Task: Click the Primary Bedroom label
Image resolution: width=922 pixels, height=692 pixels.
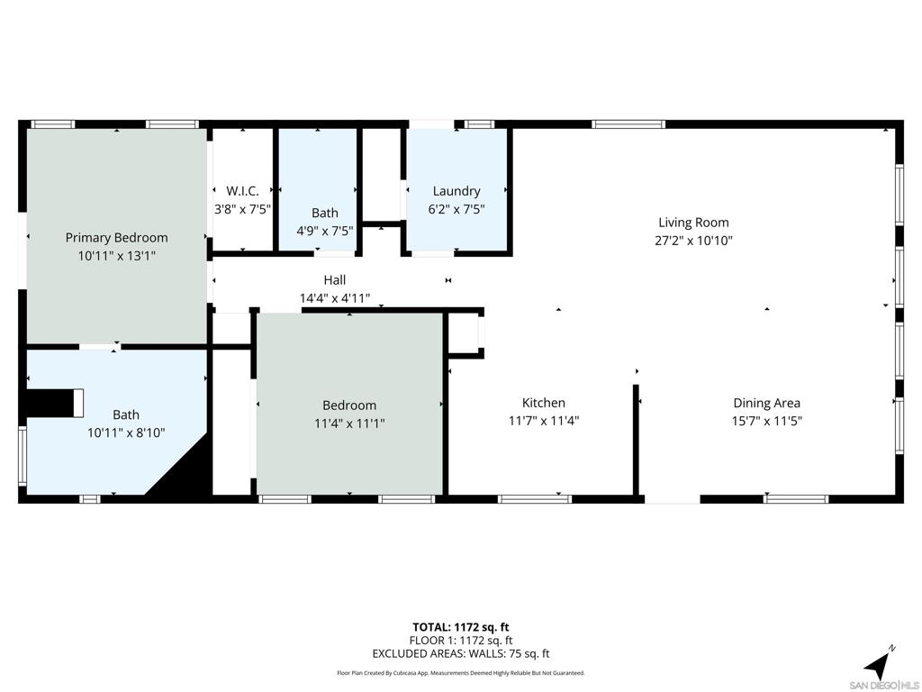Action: (116, 238)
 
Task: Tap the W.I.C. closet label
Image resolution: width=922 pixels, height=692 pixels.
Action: (242, 191)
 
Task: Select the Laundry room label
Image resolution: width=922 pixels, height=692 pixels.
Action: (456, 191)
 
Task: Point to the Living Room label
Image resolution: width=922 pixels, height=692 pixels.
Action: (693, 223)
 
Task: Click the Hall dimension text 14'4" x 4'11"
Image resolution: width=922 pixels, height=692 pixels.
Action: (335, 298)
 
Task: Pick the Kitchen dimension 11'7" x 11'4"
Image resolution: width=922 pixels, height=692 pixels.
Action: (544, 420)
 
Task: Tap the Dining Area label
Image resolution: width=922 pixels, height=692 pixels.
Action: (766, 404)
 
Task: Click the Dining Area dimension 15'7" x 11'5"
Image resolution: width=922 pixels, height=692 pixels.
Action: (766, 420)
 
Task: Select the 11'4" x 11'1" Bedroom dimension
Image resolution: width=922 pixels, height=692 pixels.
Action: (349, 423)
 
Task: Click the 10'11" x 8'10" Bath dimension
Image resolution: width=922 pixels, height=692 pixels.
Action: (126, 432)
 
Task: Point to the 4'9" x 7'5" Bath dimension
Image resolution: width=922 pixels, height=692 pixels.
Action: (325, 230)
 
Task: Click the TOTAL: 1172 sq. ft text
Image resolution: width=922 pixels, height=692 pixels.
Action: (461, 627)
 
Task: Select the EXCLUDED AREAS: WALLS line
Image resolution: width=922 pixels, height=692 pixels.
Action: (461, 654)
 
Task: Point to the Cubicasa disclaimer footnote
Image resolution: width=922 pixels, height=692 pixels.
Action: (461, 673)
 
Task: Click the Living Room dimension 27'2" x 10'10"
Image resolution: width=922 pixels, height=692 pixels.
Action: (693, 241)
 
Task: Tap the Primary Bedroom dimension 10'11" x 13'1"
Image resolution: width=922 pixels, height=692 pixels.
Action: (116, 256)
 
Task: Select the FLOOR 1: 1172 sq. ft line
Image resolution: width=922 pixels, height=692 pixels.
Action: (461, 641)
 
